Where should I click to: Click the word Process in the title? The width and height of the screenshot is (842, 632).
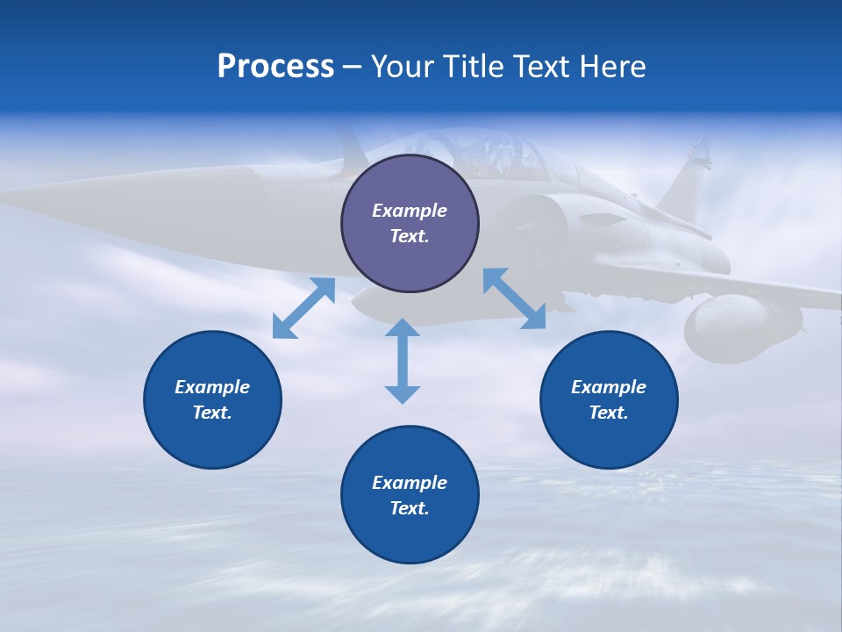tap(275, 67)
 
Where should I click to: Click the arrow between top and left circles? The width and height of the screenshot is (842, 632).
tap(303, 308)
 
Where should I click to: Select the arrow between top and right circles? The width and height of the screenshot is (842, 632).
tap(514, 298)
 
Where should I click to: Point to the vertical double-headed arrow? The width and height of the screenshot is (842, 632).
tap(403, 361)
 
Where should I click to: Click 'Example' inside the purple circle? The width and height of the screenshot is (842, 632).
tap(410, 211)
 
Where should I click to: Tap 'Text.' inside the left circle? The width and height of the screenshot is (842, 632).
tap(212, 413)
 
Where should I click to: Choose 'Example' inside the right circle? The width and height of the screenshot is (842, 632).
tap(609, 387)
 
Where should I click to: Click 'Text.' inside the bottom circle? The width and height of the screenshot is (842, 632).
tap(410, 508)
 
